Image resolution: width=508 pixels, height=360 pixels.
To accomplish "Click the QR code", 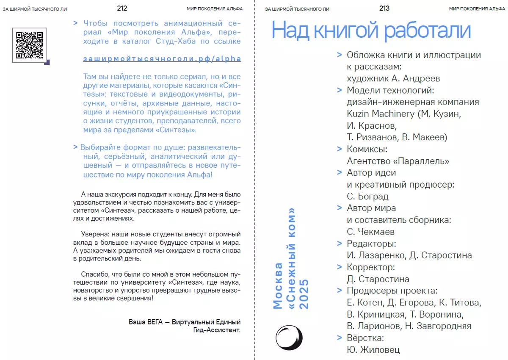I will pyautogui.click(x=30, y=45).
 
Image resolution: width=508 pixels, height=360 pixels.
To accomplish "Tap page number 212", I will pyautogui.click(x=122, y=8).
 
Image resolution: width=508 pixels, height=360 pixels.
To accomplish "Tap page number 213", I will pyautogui.click(x=384, y=8).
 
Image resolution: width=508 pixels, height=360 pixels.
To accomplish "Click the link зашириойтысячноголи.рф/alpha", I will pyautogui.click(x=162, y=59).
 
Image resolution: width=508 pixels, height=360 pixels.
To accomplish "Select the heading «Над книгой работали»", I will pyautogui.click(x=371, y=30).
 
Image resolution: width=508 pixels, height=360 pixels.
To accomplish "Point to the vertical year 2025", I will pyautogui.click(x=304, y=294).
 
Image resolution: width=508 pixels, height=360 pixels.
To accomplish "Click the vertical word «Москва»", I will pyautogui.click(x=278, y=285).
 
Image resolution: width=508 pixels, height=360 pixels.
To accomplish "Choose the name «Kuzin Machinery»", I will pyautogui.click(x=381, y=114).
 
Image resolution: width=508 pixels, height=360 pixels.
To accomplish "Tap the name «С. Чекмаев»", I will pyautogui.click(x=370, y=232).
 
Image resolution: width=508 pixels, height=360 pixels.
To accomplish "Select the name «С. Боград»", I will pyautogui.click(x=367, y=197).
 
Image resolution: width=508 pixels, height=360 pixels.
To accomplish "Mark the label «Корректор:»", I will pyautogui.click(x=370, y=267).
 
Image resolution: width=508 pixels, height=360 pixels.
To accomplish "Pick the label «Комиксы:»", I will pyautogui.click(x=367, y=150).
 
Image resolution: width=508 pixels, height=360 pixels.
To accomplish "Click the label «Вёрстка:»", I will pyautogui.click(x=365, y=338).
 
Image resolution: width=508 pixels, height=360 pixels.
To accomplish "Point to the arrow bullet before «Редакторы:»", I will pyautogui.click(x=339, y=244).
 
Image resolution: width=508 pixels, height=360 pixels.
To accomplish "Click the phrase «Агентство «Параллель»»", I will pyautogui.click(x=398, y=161).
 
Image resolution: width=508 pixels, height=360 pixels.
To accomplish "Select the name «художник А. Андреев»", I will pyautogui.click(x=393, y=78).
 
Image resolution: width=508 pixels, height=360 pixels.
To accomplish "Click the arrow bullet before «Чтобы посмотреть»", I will pyautogui.click(x=75, y=23).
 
